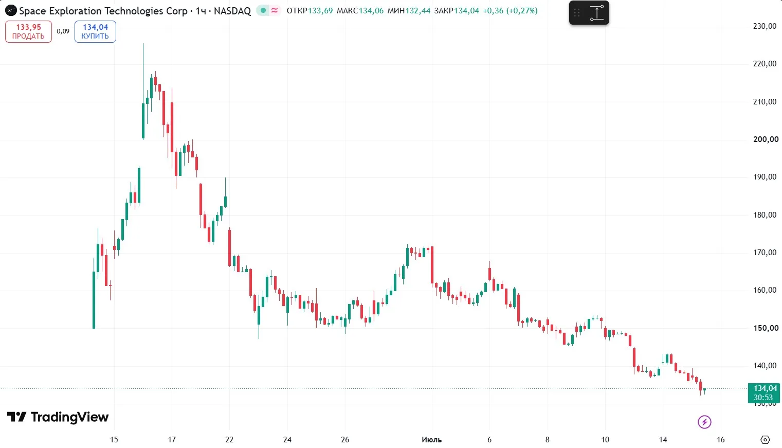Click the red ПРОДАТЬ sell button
coord(28,31)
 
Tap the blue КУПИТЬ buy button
coord(95,31)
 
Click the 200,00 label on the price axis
coord(766,139)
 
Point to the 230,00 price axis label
coord(765,26)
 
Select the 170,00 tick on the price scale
coord(765,253)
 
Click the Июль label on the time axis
coord(431,440)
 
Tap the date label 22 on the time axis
coord(229,440)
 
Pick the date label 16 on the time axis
coord(720,440)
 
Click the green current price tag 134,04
coord(763,393)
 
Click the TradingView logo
coord(58,417)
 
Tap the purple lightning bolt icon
coord(704,422)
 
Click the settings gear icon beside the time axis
coord(765,440)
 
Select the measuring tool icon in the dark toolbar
coord(597,13)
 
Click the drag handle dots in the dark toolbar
coord(577,13)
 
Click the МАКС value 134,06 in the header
coord(371,11)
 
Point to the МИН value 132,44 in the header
coord(418,11)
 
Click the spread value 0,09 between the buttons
coord(63,31)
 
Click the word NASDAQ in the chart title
coord(232,11)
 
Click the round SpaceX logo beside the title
coord(11,10)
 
